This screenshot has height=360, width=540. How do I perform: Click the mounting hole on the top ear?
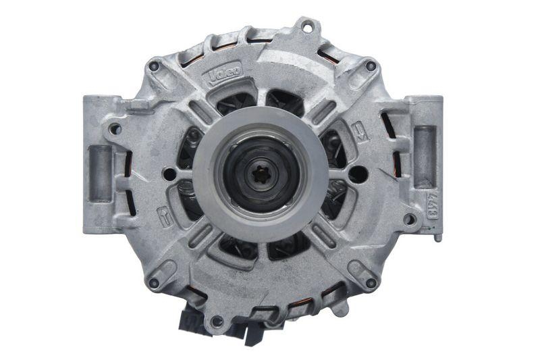pyautogui.click(x=308, y=27)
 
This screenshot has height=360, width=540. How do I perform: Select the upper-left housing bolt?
pyautogui.click(x=155, y=66)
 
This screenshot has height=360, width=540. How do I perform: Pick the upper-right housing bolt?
pyautogui.click(x=370, y=66)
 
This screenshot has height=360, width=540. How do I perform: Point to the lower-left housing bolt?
pyautogui.click(x=155, y=283)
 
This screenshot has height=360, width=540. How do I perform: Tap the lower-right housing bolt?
pyautogui.click(x=370, y=283)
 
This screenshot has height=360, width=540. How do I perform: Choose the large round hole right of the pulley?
pyautogui.click(x=358, y=174)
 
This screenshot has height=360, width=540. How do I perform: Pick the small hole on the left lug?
pyautogui.click(x=115, y=129)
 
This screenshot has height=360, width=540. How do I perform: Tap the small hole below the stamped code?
pyautogui.click(x=410, y=219)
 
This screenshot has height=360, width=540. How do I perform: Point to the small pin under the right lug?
pyautogui.click(x=438, y=236)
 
